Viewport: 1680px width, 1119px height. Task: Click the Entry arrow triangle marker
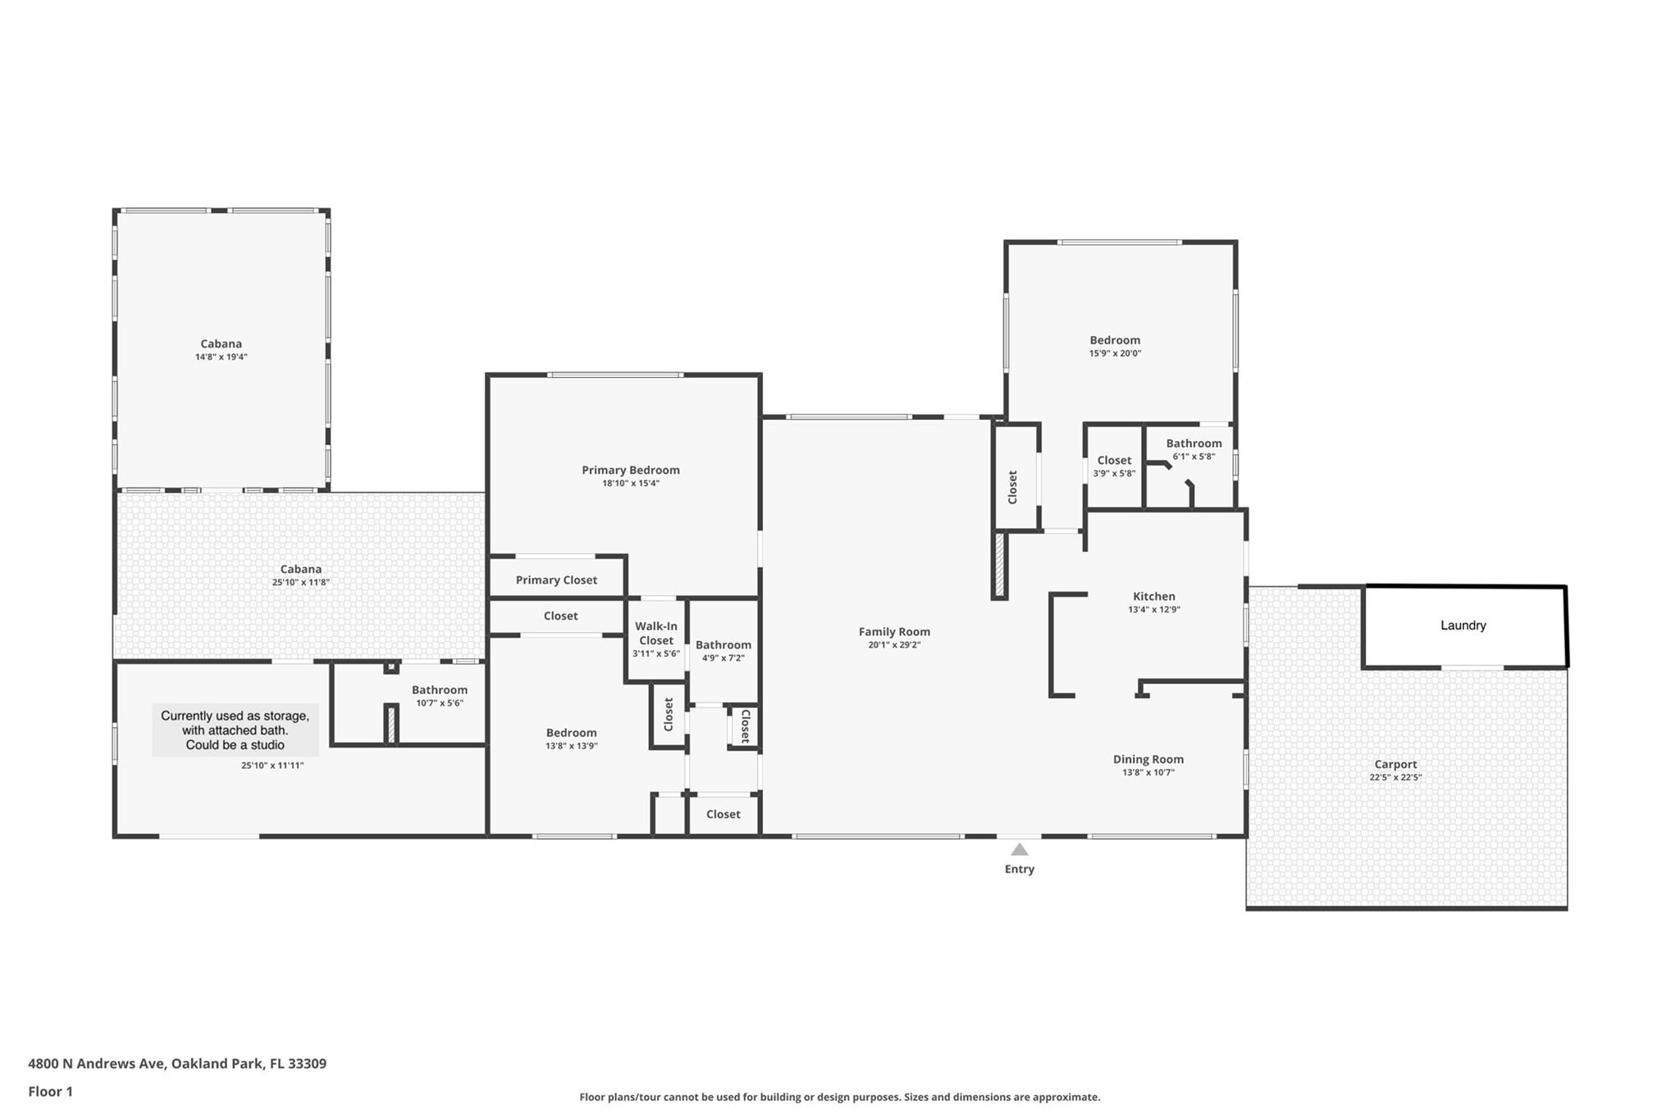[1019, 849]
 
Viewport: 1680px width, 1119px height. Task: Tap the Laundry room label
[1463, 625]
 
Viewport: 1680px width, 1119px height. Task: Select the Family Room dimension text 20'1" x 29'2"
[894, 645]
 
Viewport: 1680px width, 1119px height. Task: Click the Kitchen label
[1153, 597]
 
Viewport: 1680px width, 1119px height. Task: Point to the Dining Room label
[1148, 759]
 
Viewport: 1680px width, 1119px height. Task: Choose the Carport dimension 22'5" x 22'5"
[1395, 777]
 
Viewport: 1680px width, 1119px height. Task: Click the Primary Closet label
[556, 580]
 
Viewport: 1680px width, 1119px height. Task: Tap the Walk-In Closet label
[655, 634]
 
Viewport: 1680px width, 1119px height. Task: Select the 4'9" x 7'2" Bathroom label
[723, 645]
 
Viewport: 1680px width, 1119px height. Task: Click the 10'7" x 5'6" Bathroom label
[439, 690]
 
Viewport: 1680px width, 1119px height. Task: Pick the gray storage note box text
[235, 730]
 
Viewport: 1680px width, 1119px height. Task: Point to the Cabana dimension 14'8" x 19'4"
[221, 357]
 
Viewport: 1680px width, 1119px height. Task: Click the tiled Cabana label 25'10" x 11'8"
[300, 570]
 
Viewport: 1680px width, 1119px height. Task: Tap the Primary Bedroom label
[630, 471]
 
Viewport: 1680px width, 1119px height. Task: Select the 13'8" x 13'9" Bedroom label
[571, 733]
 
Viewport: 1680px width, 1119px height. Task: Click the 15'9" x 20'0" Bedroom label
[1114, 340]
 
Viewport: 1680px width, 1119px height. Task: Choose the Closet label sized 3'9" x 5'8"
[1113, 461]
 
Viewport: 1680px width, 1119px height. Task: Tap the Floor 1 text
[50, 1091]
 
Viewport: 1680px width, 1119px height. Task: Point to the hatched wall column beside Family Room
[999, 565]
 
